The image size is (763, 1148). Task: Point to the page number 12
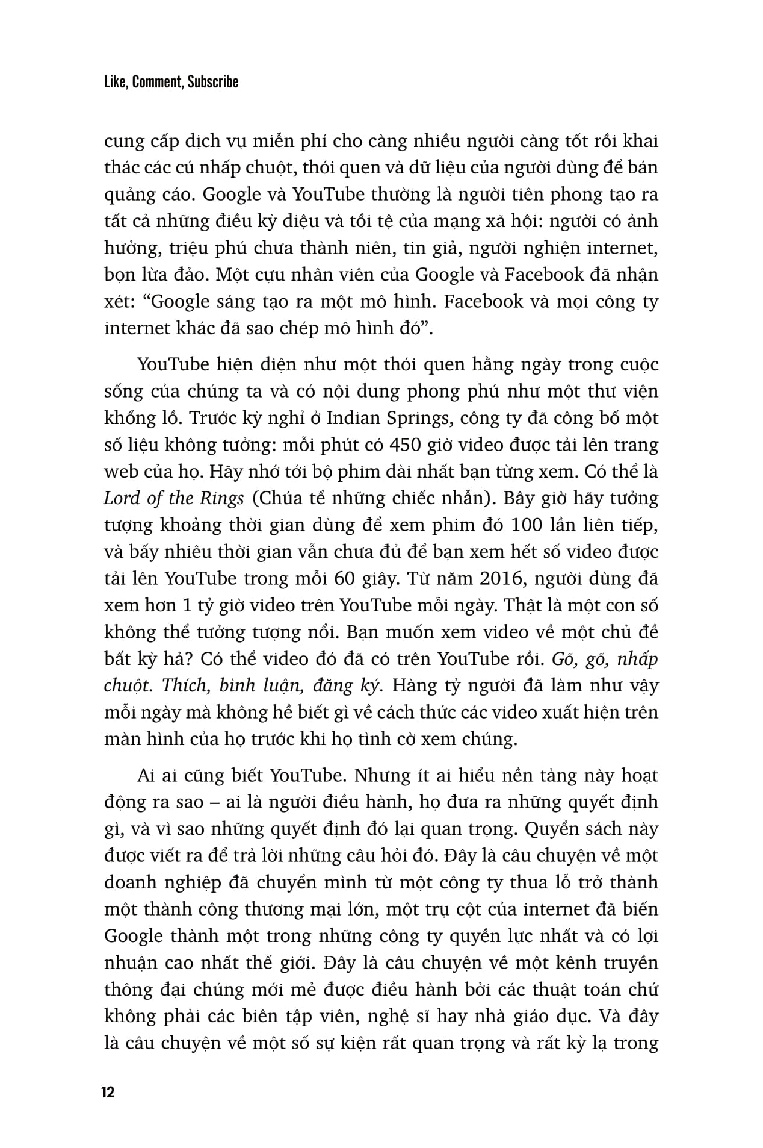click(108, 1092)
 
